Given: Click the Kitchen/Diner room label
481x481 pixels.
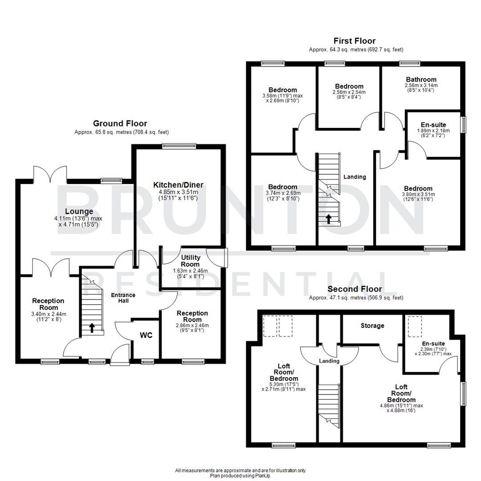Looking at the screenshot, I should [x=178, y=185].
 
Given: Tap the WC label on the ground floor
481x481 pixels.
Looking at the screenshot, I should [x=146, y=335].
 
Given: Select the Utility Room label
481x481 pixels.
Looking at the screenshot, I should [x=191, y=261].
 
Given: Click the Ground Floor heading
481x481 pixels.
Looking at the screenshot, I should [x=120, y=123].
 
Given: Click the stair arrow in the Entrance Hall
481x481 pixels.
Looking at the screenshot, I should [x=92, y=328].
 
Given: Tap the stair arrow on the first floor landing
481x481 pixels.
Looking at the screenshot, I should [x=329, y=219].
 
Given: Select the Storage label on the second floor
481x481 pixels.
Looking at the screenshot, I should [x=372, y=326].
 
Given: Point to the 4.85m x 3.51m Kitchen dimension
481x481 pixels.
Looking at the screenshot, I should [x=178, y=192].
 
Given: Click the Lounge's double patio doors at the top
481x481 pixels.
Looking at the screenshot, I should [x=50, y=175].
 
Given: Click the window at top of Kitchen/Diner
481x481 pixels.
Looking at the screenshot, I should [x=179, y=145].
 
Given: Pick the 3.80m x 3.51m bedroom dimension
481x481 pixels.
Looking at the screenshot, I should [x=418, y=194].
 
